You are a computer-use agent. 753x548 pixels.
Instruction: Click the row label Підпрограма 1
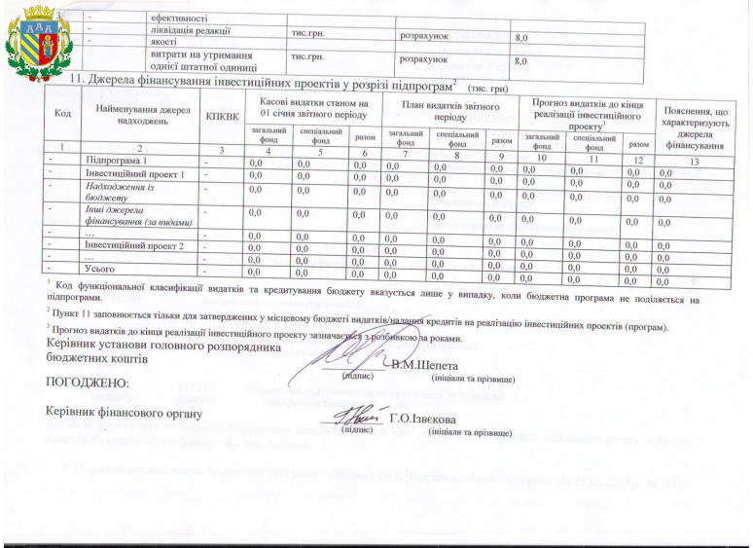point(117,160)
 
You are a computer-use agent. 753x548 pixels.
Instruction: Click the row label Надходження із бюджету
point(121,190)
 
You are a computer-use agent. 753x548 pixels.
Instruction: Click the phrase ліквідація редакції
point(192,29)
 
